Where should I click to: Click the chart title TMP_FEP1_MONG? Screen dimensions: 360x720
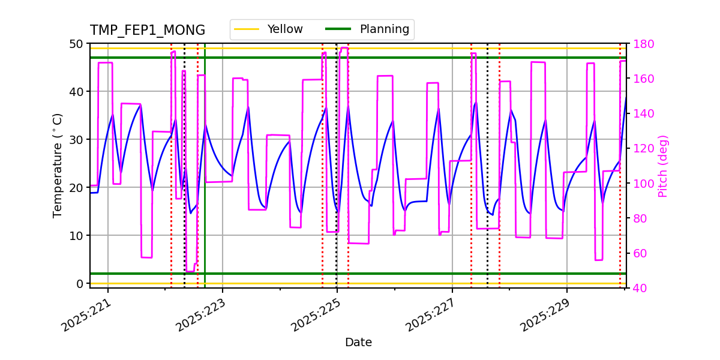(148, 31)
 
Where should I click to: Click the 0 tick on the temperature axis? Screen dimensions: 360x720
(79, 283)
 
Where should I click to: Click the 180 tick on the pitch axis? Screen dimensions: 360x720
(641, 44)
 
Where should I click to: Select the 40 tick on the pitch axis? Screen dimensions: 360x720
(638, 288)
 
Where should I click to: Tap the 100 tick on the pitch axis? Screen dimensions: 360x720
(641, 184)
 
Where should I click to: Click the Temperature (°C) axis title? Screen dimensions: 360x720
(58, 165)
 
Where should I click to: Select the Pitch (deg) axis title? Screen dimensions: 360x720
(663, 166)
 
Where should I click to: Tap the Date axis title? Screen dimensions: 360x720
(358, 343)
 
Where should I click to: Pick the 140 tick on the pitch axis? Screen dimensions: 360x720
(641, 114)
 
